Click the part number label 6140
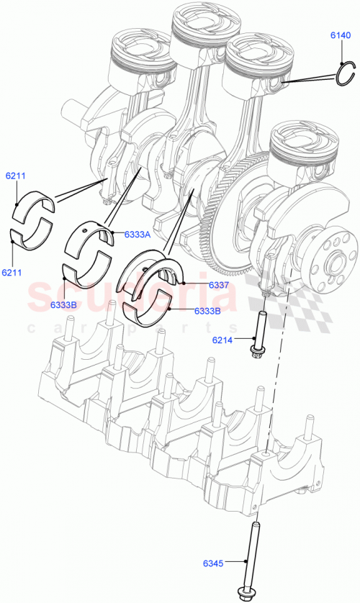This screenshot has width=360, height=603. pos(341,35)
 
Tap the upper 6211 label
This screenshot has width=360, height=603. pos(16,176)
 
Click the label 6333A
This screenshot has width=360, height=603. pos(137,234)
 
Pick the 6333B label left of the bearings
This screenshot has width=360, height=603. pos(65,305)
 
